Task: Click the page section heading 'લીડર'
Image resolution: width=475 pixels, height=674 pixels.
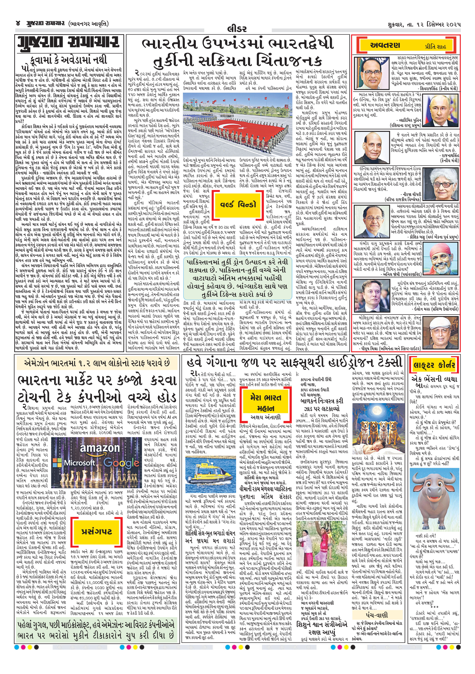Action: point(237,29)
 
